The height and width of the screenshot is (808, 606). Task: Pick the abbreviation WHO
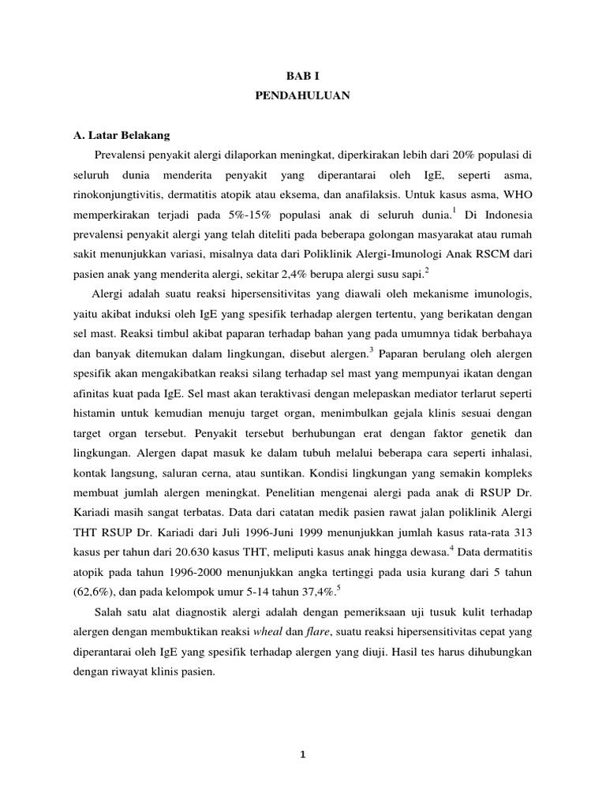pos(517,193)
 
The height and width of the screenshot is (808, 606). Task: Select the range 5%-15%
pos(255,215)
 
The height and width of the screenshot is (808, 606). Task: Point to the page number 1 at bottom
pos(303,755)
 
